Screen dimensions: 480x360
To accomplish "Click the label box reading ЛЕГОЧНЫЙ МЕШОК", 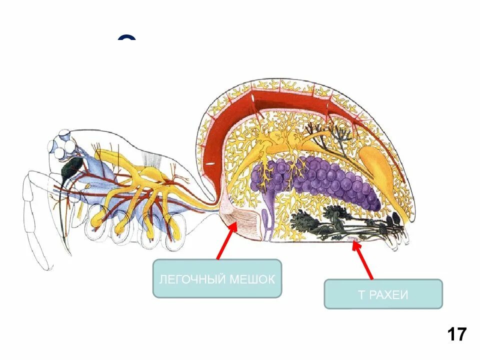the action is (x=217, y=278).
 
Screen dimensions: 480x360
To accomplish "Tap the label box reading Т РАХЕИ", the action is (x=383, y=294).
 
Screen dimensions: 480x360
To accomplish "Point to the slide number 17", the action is (x=456, y=333).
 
